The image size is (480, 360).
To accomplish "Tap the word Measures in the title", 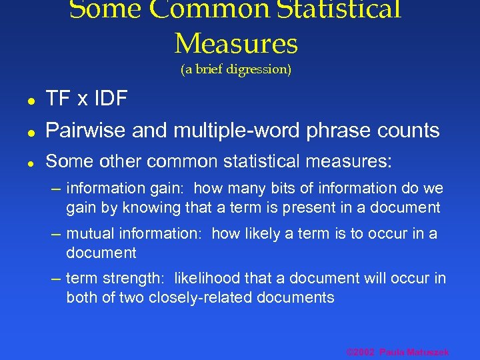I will click(x=236, y=44).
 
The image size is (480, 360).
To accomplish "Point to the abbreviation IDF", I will click(x=109, y=99).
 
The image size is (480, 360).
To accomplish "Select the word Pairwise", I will click(x=86, y=131).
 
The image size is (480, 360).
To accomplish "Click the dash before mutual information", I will click(x=58, y=234).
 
